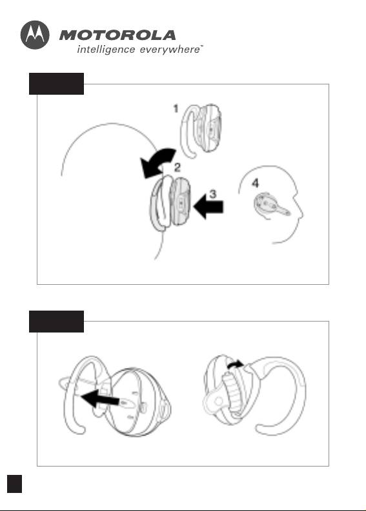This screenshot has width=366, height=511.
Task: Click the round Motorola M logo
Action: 35,35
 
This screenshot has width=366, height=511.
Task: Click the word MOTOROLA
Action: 117,35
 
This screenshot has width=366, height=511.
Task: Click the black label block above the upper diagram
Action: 57,84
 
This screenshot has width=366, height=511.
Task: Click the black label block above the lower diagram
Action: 57,322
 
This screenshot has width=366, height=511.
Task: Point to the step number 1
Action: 176,108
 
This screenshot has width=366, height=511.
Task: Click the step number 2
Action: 177,168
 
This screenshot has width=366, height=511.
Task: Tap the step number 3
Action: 212,194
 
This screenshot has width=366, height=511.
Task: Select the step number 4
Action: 255,183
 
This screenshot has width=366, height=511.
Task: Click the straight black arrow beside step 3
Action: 208,207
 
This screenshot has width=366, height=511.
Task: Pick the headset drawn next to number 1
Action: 201,130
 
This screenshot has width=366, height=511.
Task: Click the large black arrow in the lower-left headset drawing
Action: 99,398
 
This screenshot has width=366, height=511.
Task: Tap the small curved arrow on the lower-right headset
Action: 235,364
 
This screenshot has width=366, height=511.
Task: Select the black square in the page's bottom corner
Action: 14,484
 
